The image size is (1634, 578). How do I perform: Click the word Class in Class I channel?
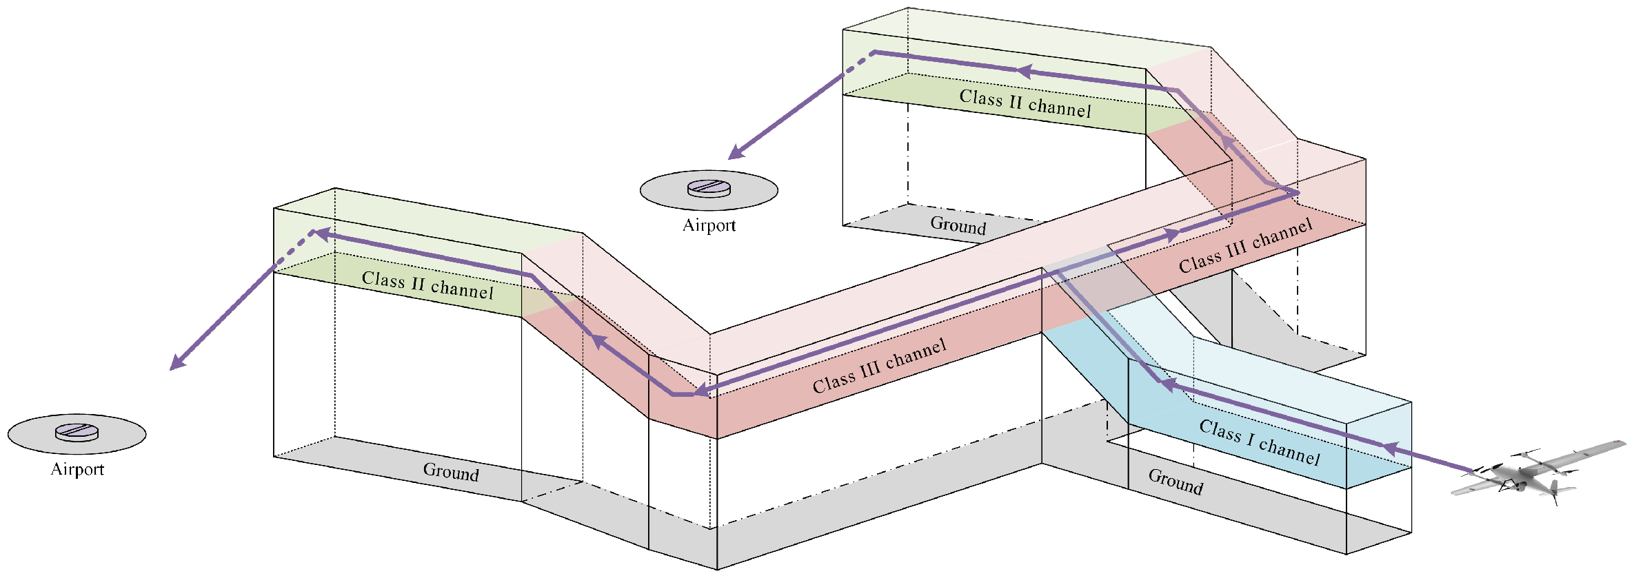[1220, 431]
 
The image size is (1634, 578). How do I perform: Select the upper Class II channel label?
[1025, 103]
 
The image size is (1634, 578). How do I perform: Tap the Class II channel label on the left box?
[427, 285]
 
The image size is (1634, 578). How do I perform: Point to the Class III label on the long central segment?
[879, 366]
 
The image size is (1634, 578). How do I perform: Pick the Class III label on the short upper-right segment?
[1245, 246]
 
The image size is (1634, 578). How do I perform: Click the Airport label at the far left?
[77, 469]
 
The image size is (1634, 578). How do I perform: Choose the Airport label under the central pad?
[709, 225]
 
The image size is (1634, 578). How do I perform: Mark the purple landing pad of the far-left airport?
[77, 432]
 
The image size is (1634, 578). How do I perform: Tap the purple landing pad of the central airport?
[709, 188]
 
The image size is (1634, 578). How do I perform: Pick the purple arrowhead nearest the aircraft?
[1390, 449]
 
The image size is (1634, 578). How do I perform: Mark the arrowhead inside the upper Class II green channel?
[1026, 71]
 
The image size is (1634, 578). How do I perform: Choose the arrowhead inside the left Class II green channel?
[321, 234]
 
